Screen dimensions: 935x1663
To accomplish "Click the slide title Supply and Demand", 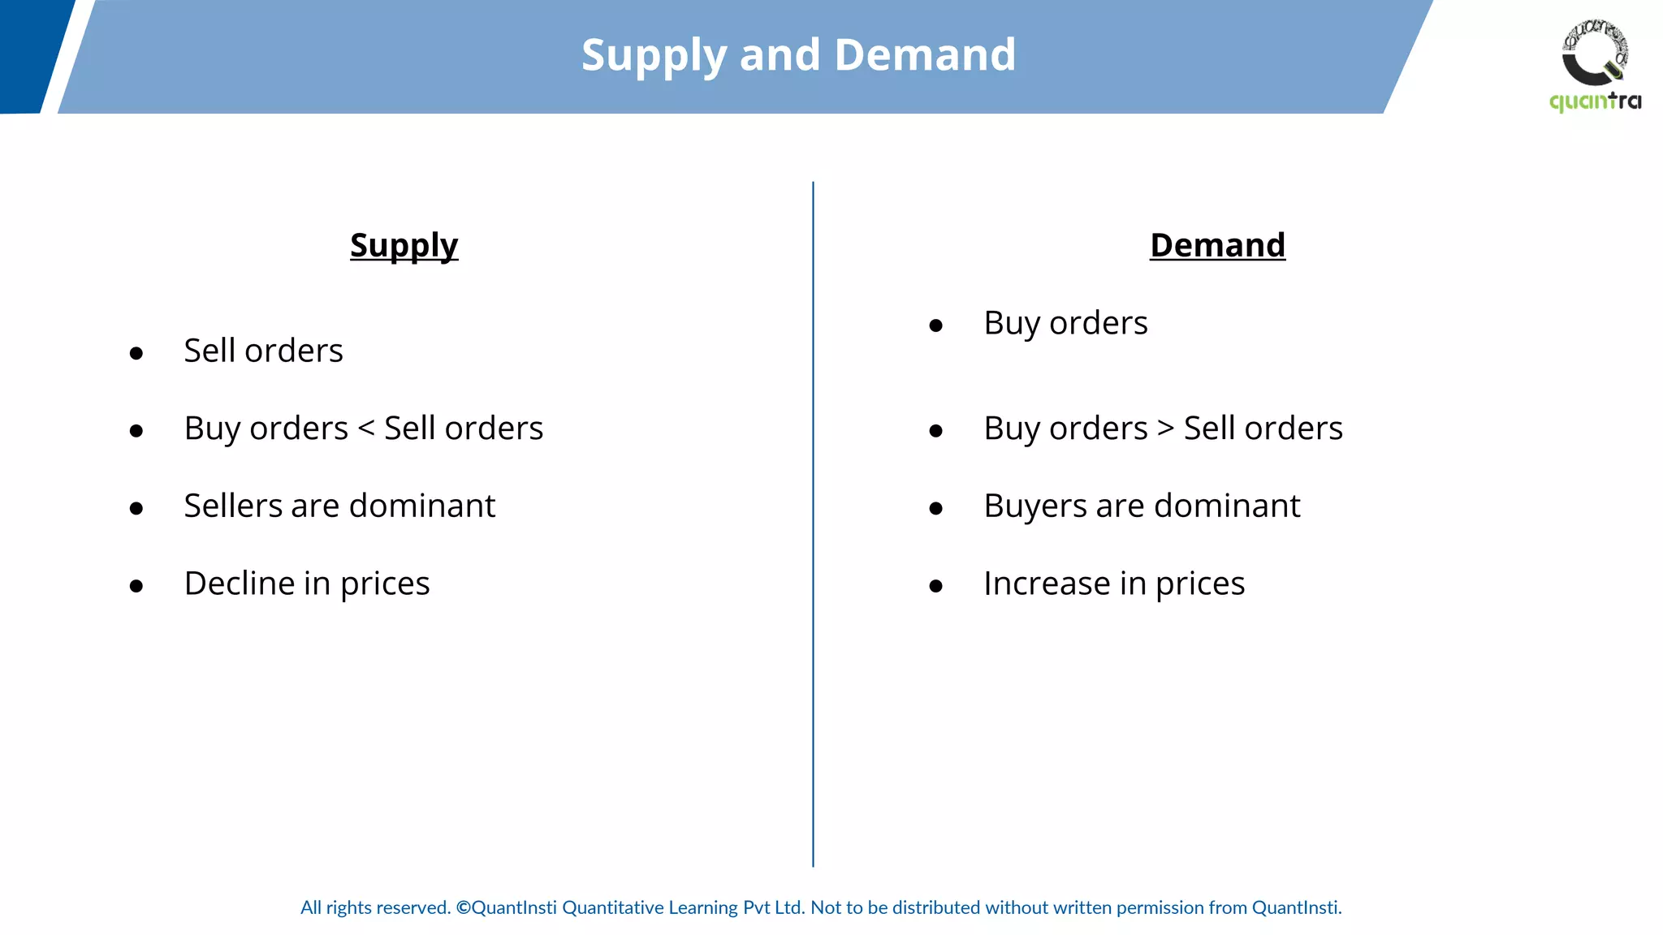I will (798, 55).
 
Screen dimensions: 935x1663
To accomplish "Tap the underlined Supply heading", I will (404, 245).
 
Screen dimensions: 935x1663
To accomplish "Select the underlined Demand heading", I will (1217, 245).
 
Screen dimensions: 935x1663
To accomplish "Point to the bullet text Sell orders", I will (263, 351).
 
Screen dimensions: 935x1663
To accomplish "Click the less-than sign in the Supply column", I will (366, 428).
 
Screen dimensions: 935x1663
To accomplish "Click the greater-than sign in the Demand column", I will (1166, 428).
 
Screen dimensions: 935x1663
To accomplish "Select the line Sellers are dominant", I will (339, 506).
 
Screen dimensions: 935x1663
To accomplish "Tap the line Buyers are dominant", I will (1142, 506).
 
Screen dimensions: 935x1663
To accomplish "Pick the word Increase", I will (1047, 584).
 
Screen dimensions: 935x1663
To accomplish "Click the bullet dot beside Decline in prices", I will (136, 586).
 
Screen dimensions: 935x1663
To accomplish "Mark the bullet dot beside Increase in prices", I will (936, 586).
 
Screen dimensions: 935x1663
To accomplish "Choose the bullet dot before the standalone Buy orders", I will (936, 326).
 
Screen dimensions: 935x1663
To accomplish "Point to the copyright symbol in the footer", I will (463, 907).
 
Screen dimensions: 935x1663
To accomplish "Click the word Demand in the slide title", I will (925, 55).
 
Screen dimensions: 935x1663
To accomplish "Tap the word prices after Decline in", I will (385, 584).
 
